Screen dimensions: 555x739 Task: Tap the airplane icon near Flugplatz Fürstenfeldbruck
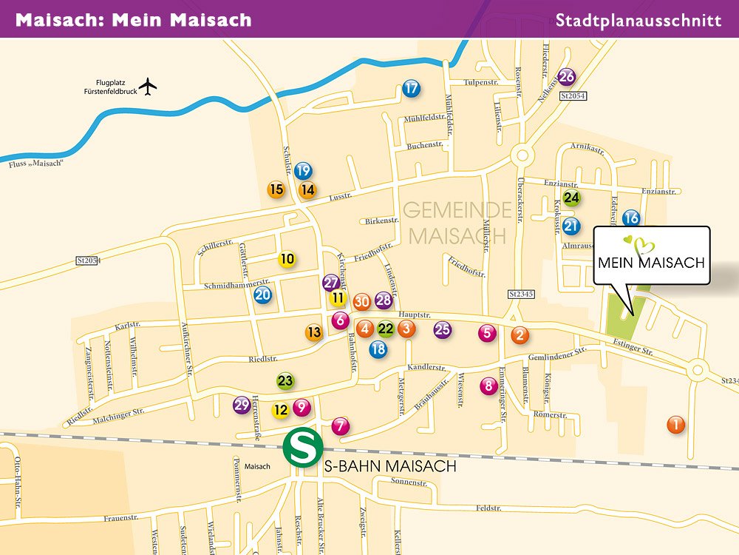coord(149,87)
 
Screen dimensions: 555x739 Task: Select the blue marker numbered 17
coord(412,89)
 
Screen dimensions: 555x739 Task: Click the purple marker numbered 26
coord(567,76)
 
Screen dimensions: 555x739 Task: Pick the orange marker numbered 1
coord(675,425)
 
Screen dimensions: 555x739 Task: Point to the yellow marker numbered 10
coord(287,259)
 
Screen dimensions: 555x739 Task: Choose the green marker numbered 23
coord(285,381)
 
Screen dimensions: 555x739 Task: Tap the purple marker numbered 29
coord(242,405)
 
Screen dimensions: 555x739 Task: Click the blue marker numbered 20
coord(263,295)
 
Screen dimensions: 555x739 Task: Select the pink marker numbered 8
coord(488,385)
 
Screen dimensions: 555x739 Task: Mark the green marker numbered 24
coord(571,198)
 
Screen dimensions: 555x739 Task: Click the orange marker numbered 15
coord(276,189)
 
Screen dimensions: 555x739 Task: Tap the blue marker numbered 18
coord(378,349)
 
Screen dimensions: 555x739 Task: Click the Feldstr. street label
coord(488,509)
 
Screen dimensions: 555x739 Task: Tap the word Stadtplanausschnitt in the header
coord(638,20)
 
